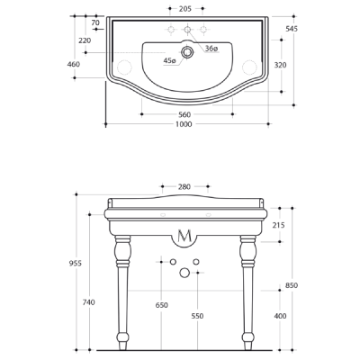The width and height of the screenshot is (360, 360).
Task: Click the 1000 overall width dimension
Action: [184, 124]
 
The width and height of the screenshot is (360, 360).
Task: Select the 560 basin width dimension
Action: [184, 114]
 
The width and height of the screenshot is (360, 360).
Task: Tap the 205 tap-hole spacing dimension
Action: [185, 9]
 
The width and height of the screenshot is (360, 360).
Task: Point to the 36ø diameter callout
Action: [211, 49]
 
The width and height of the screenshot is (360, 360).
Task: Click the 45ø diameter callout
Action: [169, 60]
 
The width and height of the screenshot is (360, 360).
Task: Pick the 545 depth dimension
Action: [292, 29]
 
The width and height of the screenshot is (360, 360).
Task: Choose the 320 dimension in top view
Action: [280, 65]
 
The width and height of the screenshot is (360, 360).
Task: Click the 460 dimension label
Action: [74, 64]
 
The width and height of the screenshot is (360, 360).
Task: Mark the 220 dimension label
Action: [85, 40]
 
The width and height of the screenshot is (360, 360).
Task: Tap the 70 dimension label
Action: [95, 22]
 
